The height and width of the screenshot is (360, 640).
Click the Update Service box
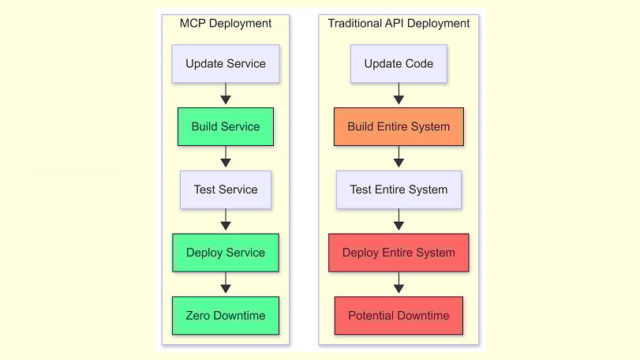pos(226,64)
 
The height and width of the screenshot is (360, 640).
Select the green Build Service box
pos(226,126)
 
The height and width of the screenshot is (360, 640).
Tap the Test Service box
pos(226,189)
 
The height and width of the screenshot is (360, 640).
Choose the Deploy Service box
pos(226,253)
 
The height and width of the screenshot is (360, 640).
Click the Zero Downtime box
pos(226,316)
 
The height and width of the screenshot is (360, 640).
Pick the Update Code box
pos(399,64)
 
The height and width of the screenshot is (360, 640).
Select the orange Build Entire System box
pos(399,126)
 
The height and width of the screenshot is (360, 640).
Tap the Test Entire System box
pos(399,189)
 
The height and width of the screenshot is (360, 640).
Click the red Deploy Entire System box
pos(399,253)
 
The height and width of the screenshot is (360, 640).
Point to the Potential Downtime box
pos(399,316)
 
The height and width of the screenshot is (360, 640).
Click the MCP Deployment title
pos(226,24)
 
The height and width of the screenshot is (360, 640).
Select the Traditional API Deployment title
pos(399,24)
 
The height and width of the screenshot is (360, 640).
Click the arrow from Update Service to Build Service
pos(226,95)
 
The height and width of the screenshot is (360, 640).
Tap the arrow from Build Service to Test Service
pos(226,158)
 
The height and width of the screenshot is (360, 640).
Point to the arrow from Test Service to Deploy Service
pos(226,221)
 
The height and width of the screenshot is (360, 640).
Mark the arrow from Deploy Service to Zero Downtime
pos(226,284)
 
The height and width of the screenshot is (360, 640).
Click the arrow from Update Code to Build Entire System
pos(399,95)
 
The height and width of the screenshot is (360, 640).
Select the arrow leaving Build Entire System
pos(399,158)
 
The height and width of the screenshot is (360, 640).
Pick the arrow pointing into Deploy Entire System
pos(399,221)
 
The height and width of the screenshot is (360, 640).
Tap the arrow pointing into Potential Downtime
pos(399,284)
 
